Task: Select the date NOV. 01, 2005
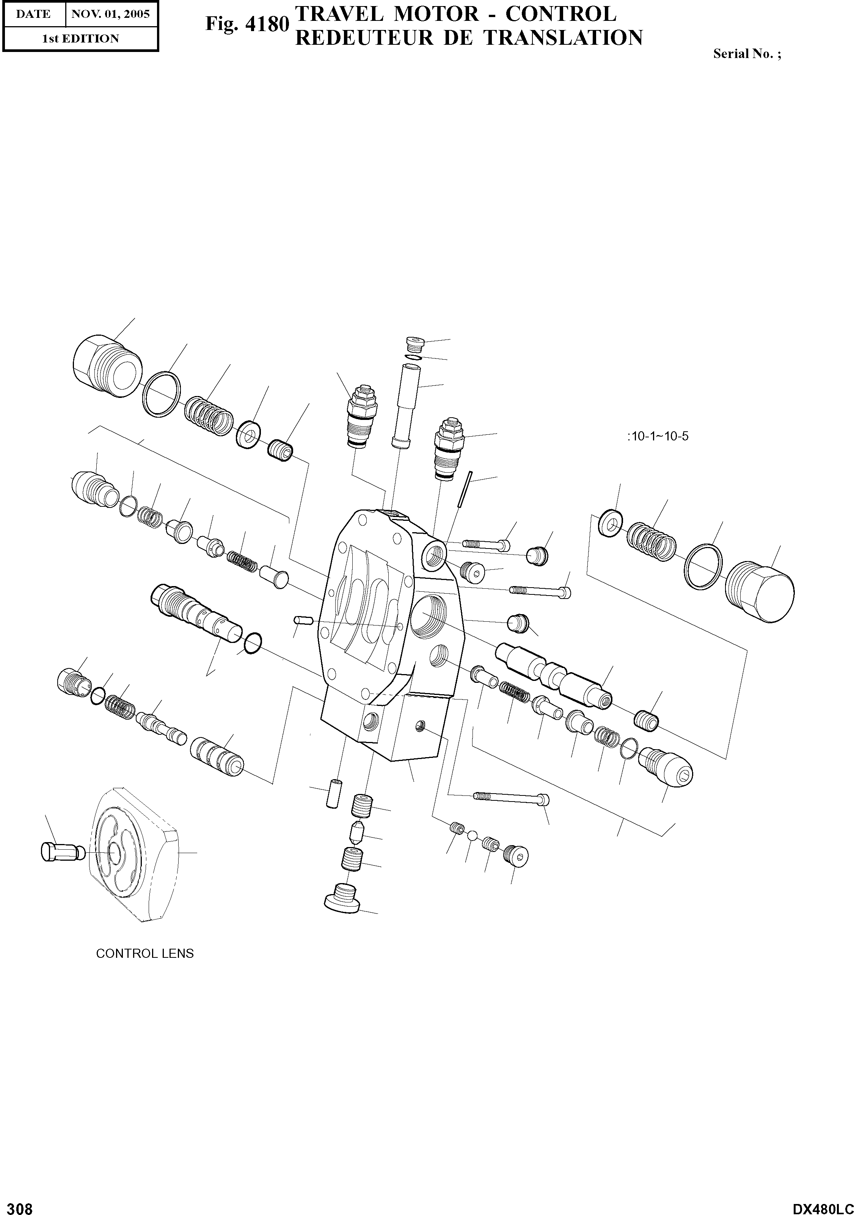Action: pos(111,14)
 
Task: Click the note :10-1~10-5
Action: pos(657,437)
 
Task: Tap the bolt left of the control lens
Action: pos(62,851)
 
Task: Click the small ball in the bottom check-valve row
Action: pos(473,836)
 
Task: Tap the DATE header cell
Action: pos(33,14)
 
